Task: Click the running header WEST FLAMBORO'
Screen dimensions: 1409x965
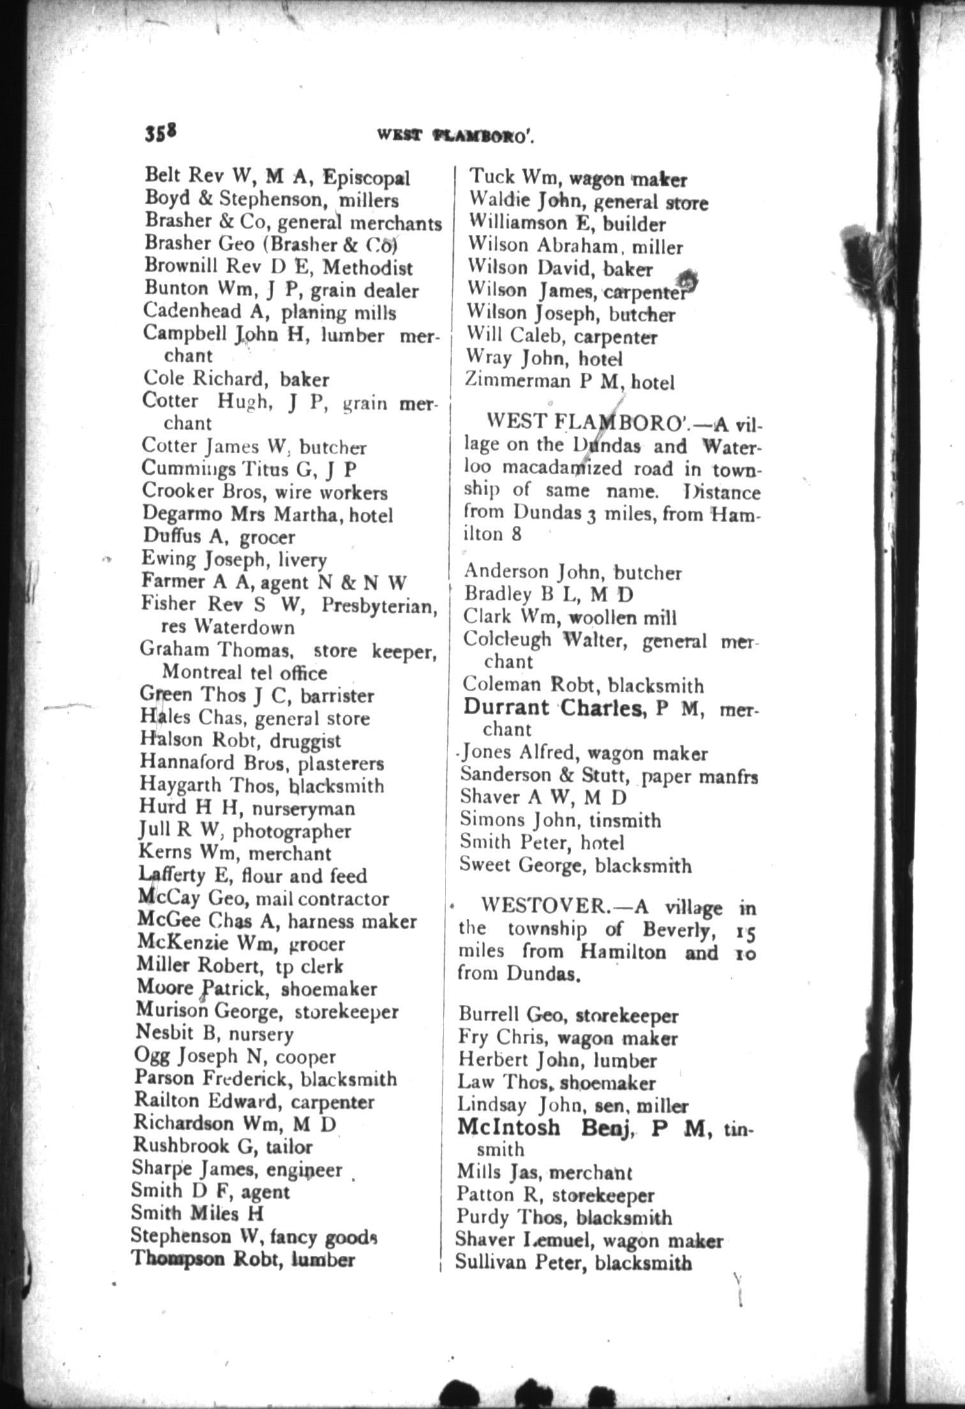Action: [x=454, y=135]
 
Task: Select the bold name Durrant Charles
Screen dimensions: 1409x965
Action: [x=552, y=707]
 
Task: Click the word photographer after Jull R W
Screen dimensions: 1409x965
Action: [x=291, y=831]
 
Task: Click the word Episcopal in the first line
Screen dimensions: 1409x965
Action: [x=366, y=177]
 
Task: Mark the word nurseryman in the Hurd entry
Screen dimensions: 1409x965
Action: [x=303, y=809]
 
